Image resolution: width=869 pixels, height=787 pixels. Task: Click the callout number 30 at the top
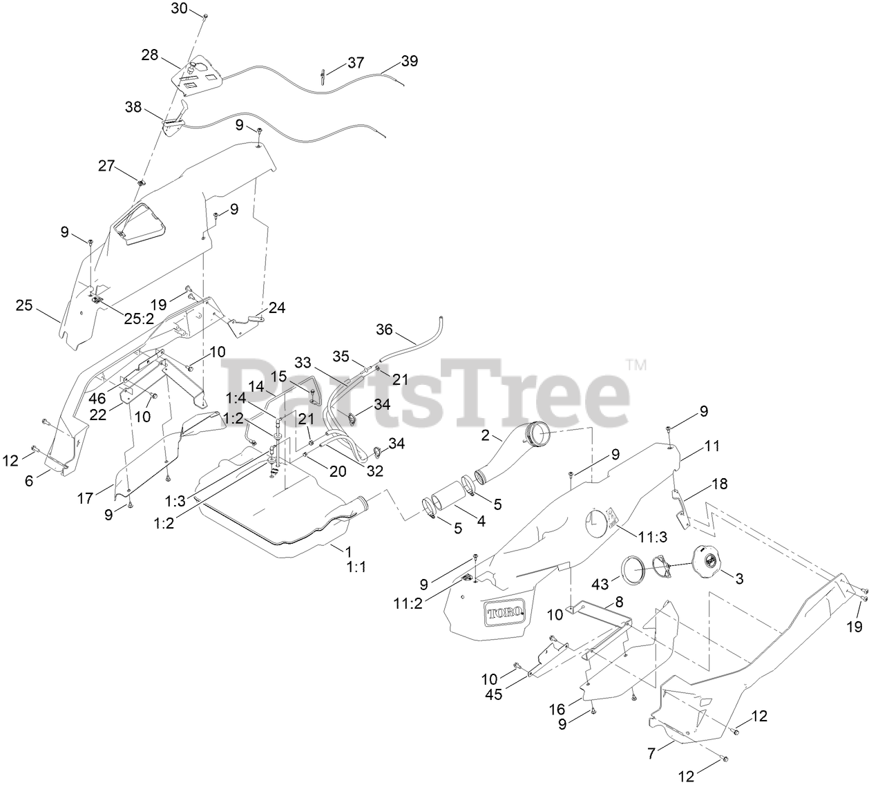[x=178, y=8]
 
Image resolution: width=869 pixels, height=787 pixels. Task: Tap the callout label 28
[x=149, y=55]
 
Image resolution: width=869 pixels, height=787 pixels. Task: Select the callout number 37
[x=356, y=62]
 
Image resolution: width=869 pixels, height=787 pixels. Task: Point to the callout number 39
[x=410, y=61]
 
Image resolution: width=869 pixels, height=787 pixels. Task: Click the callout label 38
[x=134, y=107]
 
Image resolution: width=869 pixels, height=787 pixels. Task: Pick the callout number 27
[x=106, y=166]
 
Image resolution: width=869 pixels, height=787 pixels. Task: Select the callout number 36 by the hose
[x=385, y=330]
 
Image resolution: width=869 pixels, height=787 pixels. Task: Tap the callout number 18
[x=719, y=485]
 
